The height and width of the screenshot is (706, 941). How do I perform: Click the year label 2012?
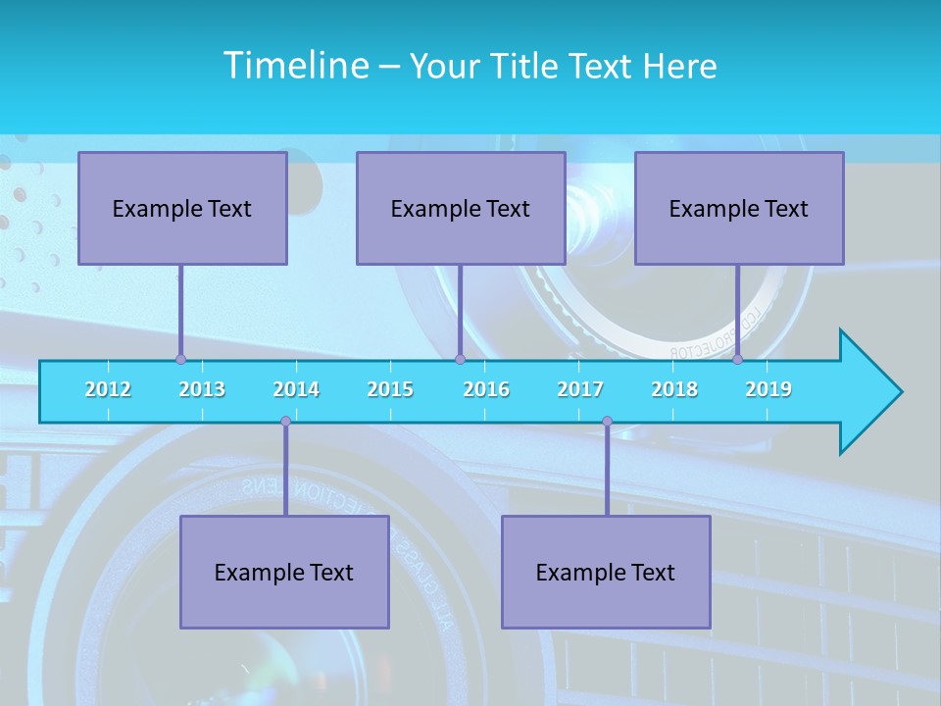(x=108, y=389)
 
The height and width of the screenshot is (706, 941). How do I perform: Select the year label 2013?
(x=202, y=389)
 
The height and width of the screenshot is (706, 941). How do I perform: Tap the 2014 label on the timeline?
(x=296, y=389)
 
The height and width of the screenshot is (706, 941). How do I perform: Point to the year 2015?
(x=390, y=389)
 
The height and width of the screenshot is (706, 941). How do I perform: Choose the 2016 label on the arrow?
(x=486, y=389)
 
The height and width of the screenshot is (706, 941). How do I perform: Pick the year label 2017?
(x=580, y=389)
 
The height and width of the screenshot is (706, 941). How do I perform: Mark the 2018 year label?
(x=674, y=389)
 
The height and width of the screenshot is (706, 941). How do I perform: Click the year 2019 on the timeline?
(x=768, y=389)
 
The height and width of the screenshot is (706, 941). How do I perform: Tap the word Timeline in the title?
(x=295, y=66)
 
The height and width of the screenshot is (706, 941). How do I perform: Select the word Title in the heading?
(x=526, y=66)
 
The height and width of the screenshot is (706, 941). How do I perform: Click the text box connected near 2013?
(x=182, y=208)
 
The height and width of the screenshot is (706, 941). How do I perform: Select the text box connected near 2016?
(x=461, y=208)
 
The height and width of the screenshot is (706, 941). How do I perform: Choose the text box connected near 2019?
(x=739, y=208)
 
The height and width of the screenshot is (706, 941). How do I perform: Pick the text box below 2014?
(x=284, y=572)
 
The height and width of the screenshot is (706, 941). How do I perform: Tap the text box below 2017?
(x=606, y=572)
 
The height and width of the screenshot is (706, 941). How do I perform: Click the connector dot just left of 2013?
(x=180, y=360)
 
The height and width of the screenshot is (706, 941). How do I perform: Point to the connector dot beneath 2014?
(x=285, y=422)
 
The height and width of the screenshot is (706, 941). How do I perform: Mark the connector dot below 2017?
(x=607, y=422)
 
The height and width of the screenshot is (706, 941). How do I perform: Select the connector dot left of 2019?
(x=737, y=360)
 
